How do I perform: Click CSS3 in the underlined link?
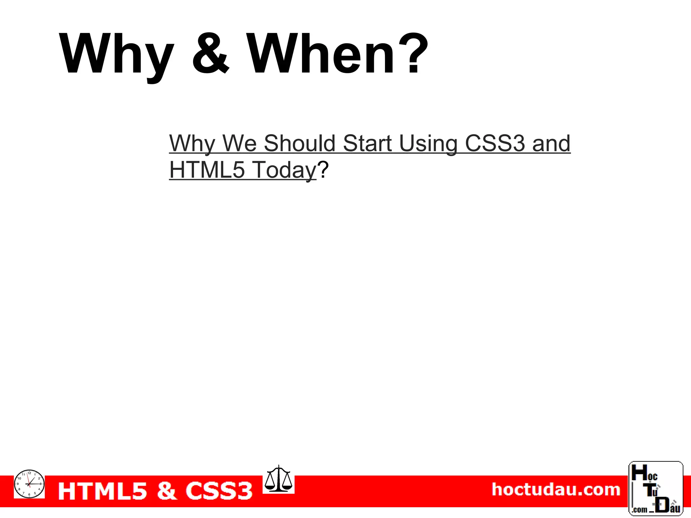495,143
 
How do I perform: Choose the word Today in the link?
284,170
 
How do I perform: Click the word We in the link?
240,143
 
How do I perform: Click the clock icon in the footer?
29,484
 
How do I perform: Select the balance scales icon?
278,479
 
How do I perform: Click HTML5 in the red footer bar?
103,491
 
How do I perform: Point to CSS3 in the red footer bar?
219,491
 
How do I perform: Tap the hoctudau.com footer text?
556,490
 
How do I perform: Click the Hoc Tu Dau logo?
656,489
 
